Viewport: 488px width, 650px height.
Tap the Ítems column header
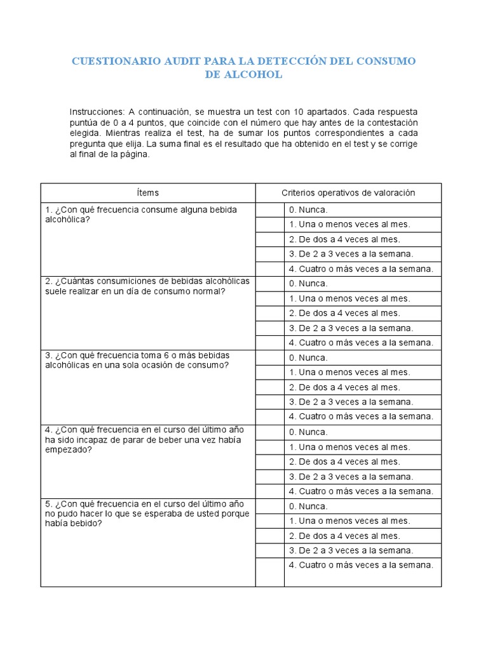148,192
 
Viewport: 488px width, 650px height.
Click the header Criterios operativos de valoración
348,192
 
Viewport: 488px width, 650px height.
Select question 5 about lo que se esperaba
147,514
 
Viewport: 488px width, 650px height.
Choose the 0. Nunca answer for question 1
308,209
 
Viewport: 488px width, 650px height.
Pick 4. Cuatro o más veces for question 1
360,269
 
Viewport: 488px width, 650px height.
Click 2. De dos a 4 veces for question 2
344,313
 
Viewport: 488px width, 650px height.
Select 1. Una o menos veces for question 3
349,372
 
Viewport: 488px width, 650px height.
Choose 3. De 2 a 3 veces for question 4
351,476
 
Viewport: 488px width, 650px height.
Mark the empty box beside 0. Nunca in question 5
269,506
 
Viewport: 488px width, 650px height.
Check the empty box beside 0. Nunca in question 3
269,357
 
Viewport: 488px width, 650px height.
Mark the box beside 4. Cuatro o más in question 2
269,343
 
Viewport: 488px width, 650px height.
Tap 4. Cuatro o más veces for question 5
360,565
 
